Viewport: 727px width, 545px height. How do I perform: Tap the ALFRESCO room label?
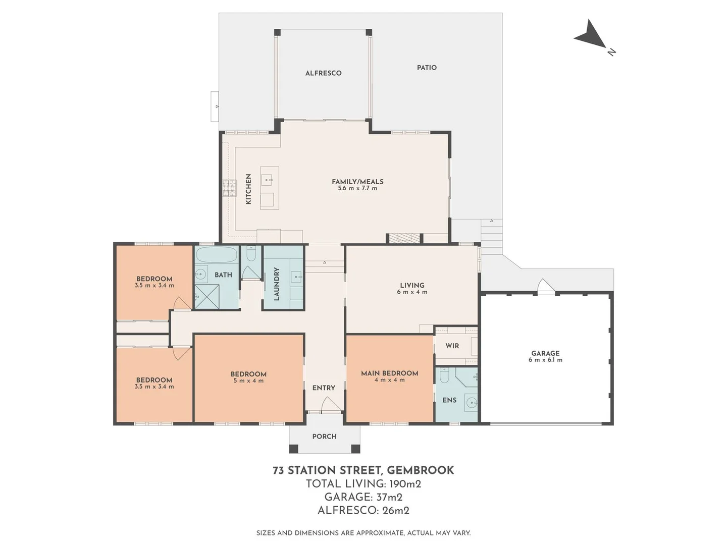(x=323, y=73)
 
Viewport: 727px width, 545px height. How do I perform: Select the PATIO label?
(x=427, y=68)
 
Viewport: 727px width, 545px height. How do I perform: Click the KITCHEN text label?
(x=248, y=189)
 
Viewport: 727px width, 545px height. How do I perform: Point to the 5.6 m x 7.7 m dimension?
(x=357, y=188)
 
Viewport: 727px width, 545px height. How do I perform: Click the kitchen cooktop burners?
(x=229, y=188)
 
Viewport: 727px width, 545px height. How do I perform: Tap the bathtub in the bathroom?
(x=216, y=255)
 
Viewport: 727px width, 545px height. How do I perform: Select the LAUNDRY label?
(x=276, y=284)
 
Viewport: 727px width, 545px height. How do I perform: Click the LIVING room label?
(x=412, y=285)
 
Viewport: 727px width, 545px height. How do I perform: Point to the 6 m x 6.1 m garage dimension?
(x=545, y=360)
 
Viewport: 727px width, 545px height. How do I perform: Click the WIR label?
(x=452, y=346)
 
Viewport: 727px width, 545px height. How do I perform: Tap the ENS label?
(x=449, y=400)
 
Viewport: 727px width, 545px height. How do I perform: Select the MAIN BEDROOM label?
(x=389, y=373)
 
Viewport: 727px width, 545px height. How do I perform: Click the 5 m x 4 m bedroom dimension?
(x=248, y=380)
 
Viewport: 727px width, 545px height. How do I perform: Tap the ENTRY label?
(x=324, y=388)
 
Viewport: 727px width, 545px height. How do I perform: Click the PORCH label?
(x=324, y=436)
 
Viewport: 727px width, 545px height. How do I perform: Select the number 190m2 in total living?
(x=405, y=484)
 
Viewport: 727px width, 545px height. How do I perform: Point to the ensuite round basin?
(x=471, y=403)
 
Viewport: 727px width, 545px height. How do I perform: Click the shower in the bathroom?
(x=207, y=297)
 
